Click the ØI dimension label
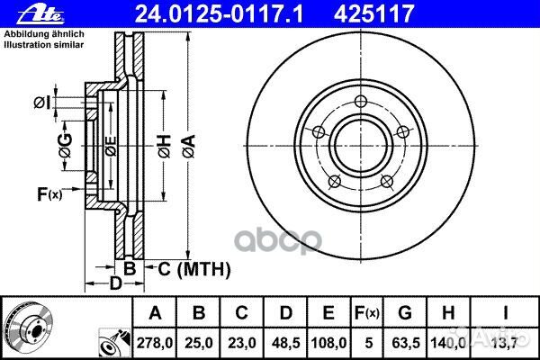[41, 103]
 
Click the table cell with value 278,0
[155, 342]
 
